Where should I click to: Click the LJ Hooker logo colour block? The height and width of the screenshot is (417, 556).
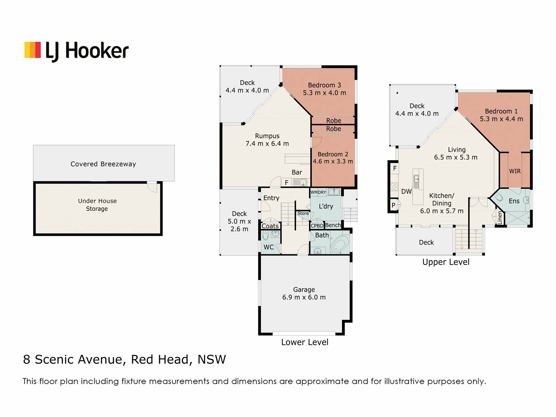(x=32, y=50)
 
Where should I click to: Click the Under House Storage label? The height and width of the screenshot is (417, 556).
(x=97, y=205)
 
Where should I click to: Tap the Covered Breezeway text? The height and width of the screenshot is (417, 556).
(x=103, y=164)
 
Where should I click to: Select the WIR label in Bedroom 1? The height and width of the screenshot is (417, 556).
(x=515, y=171)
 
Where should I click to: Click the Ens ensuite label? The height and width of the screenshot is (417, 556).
(x=514, y=201)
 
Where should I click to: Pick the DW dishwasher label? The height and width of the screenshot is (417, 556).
(x=406, y=191)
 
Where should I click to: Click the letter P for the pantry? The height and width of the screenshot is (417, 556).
(x=393, y=205)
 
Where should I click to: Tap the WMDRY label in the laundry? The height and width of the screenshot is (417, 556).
(x=318, y=192)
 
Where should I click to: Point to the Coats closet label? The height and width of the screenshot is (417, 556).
(x=270, y=226)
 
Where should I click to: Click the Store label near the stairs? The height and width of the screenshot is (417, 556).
(x=303, y=213)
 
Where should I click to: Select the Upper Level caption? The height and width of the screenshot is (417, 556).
(x=446, y=262)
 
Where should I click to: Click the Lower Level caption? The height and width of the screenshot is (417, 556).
(x=305, y=342)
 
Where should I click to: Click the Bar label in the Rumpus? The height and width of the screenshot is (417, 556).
(x=297, y=172)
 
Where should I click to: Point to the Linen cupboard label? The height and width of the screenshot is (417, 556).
(x=500, y=217)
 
